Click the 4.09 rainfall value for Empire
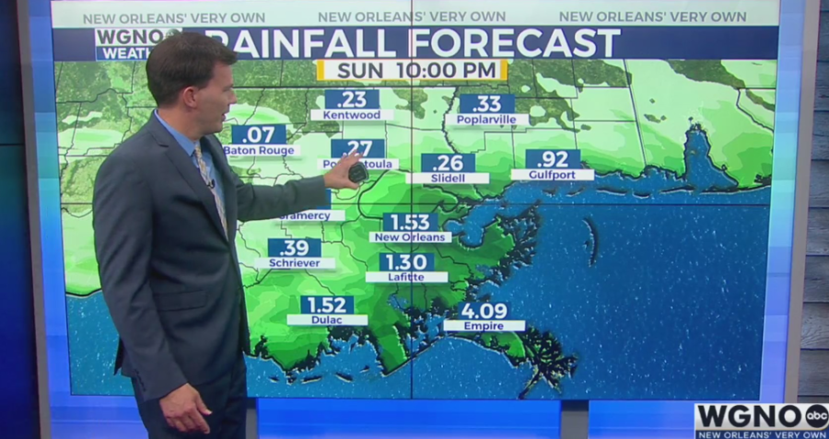[x=484, y=310]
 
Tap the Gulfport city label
[x=552, y=174]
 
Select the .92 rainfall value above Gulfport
[x=553, y=158]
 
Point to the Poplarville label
[x=486, y=120]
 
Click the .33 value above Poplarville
[x=486, y=103]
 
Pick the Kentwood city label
[x=352, y=115]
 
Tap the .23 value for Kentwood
[x=352, y=98]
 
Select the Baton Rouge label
[x=260, y=150]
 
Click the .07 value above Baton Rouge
[x=258, y=134]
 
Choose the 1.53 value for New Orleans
[x=410, y=222]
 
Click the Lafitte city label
[x=406, y=276]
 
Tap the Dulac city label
[x=327, y=319]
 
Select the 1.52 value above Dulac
[x=327, y=305]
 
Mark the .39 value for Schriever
[x=295, y=248]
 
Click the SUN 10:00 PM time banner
[x=411, y=70]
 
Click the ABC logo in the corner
[x=816, y=415]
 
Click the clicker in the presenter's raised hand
[x=357, y=172]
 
